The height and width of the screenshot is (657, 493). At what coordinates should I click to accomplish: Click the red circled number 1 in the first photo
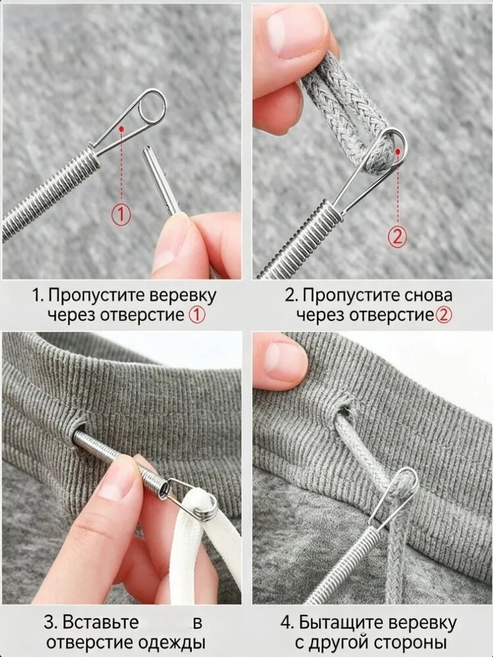(121, 214)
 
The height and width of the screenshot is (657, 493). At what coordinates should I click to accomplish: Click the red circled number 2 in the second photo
(398, 237)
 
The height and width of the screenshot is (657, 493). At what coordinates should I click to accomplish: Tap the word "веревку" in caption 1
(183, 295)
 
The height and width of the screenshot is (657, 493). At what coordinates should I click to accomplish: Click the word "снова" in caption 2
(429, 295)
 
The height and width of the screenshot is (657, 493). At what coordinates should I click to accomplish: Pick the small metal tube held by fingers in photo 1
(161, 180)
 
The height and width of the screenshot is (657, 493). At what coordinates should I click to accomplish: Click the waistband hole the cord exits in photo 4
(346, 408)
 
